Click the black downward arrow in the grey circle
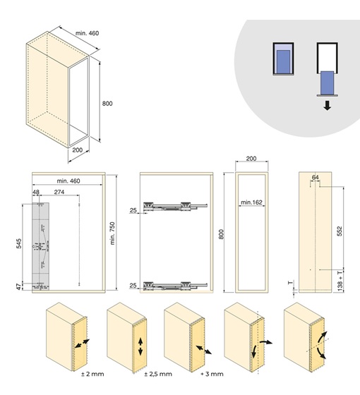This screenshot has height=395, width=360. point(328,105)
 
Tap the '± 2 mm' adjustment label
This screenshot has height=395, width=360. point(92,374)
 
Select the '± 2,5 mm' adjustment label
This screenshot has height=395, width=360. point(158,374)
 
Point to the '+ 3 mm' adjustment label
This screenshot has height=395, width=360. point(212,374)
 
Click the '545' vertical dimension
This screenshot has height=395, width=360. point(19,243)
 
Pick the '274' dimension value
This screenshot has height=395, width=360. point(59,192)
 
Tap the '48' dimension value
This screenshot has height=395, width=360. point(36,192)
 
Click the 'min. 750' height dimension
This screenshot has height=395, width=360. point(112,233)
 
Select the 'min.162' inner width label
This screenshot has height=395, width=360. point(251,202)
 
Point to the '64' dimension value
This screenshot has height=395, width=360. point(315,177)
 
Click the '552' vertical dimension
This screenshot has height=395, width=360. point(340,231)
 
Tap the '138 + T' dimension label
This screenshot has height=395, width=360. point(340,281)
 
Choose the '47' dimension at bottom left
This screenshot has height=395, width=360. point(19,286)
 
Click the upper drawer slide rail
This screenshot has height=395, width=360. point(175,206)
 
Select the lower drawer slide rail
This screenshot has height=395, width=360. point(175,285)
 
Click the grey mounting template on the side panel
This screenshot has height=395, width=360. point(42,246)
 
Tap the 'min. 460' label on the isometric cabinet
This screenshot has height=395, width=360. point(88,33)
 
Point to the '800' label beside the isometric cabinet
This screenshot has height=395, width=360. point(107,103)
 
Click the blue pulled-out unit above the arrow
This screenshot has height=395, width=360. point(328,83)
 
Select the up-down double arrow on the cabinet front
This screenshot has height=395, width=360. point(140,346)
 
